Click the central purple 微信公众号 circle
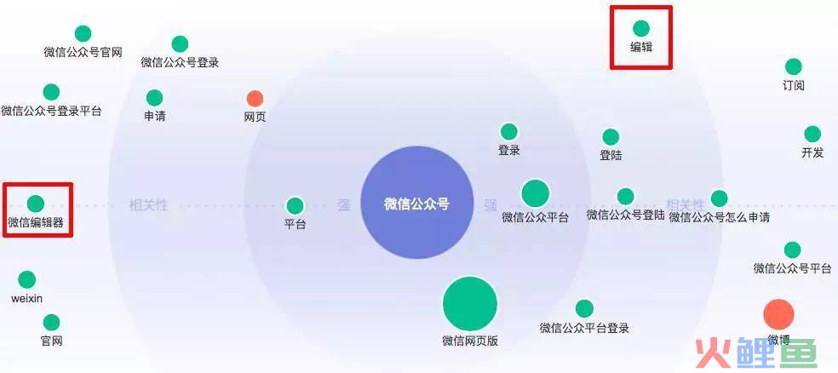(x=416, y=203)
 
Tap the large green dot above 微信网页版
(x=470, y=303)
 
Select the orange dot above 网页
(x=255, y=98)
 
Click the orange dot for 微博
(x=778, y=314)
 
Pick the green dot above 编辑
(x=640, y=28)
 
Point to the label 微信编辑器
(x=36, y=222)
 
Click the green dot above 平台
(x=295, y=206)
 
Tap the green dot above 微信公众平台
(x=536, y=193)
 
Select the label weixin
(x=26, y=299)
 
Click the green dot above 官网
(x=51, y=322)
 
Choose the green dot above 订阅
(x=794, y=66)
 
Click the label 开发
(x=812, y=152)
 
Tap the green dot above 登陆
(x=611, y=137)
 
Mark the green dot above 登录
(x=508, y=132)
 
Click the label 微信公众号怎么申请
(x=720, y=217)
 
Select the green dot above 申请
(x=154, y=98)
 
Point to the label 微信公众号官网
(x=83, y=52)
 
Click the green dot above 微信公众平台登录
(x=584, y=308)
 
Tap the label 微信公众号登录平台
(x=51, y=112)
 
